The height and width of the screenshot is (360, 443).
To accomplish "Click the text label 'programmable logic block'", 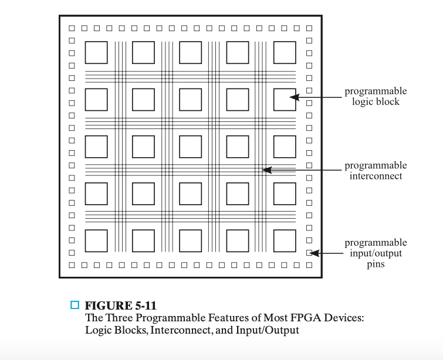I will [376, 96].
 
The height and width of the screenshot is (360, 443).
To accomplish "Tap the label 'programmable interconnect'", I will [376, 171].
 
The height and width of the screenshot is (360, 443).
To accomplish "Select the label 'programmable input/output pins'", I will [376, 253].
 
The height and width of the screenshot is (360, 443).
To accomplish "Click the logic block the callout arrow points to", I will [285, 99].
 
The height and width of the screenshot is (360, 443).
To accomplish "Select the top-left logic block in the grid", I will [97, 52].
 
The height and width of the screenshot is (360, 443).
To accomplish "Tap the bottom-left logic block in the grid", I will [97, 240].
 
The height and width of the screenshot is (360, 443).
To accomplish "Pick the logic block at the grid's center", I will [191, 147].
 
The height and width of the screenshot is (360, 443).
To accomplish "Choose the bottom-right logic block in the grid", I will [285, 240].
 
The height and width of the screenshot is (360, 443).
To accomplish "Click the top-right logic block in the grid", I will [285, 52].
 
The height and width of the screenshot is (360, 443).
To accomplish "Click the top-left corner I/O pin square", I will [72, 28].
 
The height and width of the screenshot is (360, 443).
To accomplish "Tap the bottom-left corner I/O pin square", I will [72, 266].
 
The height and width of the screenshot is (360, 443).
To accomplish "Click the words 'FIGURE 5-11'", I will [120, 305].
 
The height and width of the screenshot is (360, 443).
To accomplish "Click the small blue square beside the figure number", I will [75, 305].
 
